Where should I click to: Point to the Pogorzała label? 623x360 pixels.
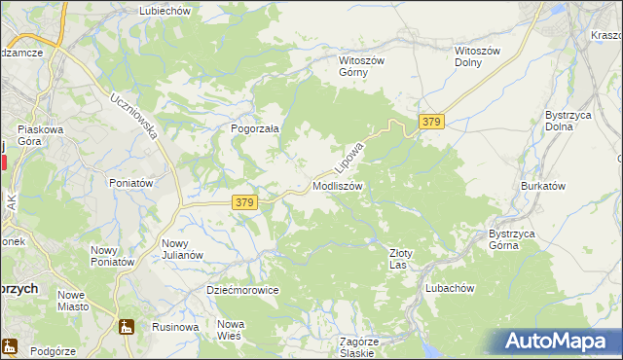pyautogui.click(x=255, y=127)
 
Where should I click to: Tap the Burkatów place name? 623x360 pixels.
pyautogui.click(x=543, y=185)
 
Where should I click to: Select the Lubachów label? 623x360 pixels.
pyautogui.click(x=449, y=288)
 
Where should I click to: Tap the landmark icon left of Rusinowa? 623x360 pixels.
pyautogui.click(x=124, y=327)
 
